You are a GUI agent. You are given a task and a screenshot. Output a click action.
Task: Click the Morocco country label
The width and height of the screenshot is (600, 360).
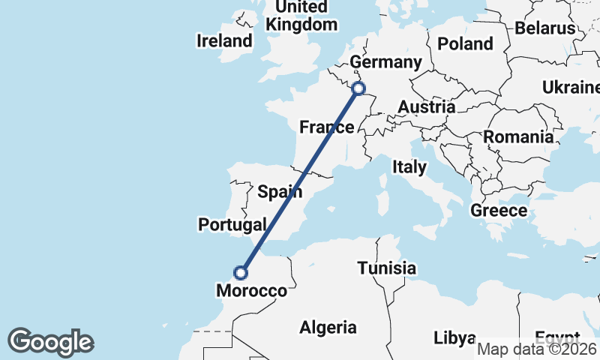251,290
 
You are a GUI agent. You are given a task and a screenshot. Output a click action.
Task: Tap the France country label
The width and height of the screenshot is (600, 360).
326,127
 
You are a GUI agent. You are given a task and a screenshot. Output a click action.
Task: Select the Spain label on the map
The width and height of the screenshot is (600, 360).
280,191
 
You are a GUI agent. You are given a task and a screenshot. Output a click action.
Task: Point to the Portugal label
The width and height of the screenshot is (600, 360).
232,224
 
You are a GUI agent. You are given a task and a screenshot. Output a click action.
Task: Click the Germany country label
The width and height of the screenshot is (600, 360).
386,61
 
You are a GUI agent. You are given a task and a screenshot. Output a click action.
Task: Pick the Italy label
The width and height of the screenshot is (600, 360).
409,166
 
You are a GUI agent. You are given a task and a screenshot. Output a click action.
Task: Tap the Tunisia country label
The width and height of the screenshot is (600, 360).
386,268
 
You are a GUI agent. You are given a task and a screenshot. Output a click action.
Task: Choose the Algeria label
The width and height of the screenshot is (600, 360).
328,327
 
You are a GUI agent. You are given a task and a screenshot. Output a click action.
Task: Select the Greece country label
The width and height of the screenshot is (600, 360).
499,210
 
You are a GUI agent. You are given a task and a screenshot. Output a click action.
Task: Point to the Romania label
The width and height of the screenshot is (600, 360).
517,136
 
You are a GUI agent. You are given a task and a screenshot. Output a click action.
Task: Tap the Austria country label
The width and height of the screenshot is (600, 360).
426,107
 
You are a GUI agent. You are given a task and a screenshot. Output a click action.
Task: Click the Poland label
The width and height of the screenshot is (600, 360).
465,43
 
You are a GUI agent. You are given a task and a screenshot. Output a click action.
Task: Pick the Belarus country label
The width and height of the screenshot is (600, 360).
544,28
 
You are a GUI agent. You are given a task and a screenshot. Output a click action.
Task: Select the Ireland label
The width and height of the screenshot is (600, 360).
224,40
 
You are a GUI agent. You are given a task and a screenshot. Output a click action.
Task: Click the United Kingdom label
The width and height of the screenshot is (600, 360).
301,16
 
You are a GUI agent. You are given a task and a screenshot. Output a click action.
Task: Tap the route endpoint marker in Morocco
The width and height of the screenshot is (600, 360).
241,273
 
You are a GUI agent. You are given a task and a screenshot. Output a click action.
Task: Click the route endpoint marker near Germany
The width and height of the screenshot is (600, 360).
358,88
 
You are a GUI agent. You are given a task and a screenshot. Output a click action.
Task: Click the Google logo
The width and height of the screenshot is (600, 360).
50,342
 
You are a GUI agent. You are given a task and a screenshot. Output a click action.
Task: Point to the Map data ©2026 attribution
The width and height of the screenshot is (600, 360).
537,349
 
